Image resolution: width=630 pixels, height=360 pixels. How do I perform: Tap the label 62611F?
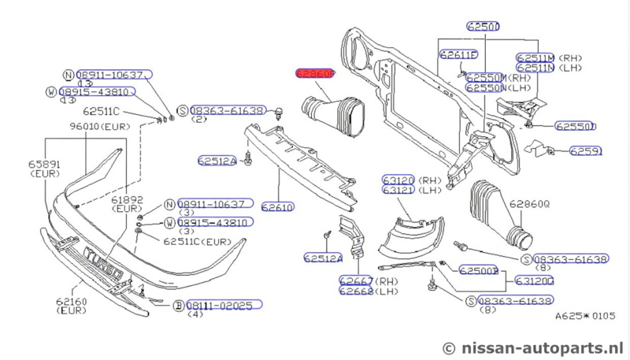point(459,54)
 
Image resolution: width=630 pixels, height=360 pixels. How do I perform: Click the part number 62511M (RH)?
point(536,58)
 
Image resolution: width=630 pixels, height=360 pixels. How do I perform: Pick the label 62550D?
point(576,125)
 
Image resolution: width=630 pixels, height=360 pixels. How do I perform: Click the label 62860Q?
point(529,203)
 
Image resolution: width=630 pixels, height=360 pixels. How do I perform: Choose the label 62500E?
point(479,270)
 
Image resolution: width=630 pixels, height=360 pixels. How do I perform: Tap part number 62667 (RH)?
point(356,280)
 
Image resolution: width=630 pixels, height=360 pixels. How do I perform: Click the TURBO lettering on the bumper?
point(103,262)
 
